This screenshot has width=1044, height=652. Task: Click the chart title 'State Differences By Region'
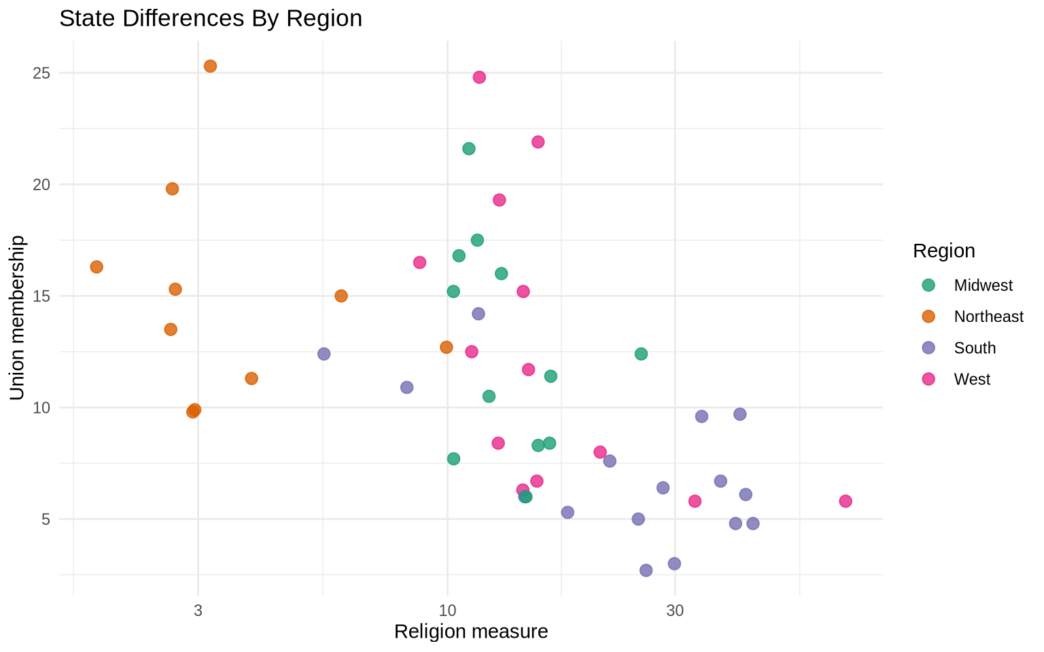coord(211,18)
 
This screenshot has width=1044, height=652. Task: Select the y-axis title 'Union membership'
coord(17,318)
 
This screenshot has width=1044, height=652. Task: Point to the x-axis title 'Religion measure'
coord(471,632)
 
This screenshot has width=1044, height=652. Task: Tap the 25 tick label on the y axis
coord(41,73)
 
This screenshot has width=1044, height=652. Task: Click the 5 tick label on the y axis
coord(46,520)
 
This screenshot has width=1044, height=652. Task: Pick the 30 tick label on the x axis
coord(674,611)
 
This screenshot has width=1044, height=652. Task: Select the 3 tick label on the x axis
coord(198,611)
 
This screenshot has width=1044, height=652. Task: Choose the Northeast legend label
coord(988,316)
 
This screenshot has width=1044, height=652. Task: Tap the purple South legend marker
coord(928,348)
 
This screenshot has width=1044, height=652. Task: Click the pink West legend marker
coord(928,379)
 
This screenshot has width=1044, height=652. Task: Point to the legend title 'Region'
coord(944,251)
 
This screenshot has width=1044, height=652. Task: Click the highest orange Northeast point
coord(210,66)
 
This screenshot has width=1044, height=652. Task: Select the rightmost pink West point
coord(846,501)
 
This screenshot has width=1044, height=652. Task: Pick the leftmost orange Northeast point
coord(97,267)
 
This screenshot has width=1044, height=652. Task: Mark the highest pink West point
coord(479,77)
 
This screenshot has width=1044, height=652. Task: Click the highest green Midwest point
coord(469,149)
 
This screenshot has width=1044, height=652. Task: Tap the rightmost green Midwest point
coord(641,354)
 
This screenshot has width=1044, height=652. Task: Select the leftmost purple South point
coord(324,354)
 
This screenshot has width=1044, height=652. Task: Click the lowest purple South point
coord(646,570)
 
